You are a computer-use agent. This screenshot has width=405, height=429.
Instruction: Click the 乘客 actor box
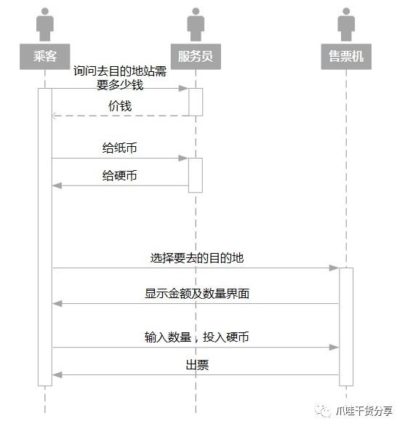(44, 57)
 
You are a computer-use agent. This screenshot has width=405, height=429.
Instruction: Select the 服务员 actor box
(195, 57)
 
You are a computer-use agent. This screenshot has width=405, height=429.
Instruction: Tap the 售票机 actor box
(346, 57)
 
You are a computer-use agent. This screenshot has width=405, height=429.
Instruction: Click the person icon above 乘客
(44, 25)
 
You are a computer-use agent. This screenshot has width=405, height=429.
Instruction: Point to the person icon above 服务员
(195, 25)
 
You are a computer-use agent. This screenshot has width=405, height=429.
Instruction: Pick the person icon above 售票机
(346, 25)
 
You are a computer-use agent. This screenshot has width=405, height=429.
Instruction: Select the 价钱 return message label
(120, 106)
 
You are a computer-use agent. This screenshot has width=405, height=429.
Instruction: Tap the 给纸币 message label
(120, 148)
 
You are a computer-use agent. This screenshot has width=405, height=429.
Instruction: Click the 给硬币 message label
(120, 176)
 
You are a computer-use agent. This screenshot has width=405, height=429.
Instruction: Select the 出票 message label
(196, 366)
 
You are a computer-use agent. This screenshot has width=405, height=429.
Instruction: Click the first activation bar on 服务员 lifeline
(195, 102)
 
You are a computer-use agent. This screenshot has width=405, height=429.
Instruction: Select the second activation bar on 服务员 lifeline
(195, 175)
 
